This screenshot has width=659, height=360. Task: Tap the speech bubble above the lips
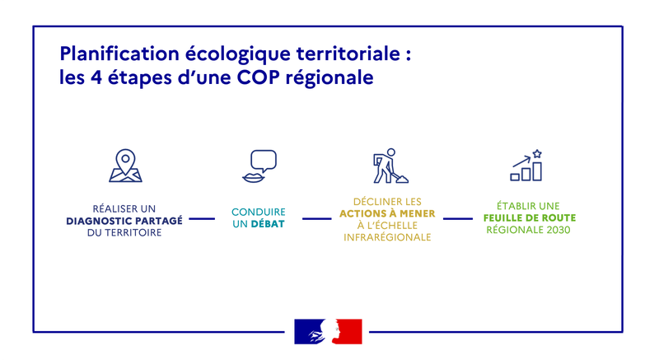pyautogui.click(x=264, y=161)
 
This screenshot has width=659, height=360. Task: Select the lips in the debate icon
pyautogui.click(x=253, y=178)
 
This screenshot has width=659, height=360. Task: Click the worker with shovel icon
pyautogui.click(x=390, y=166)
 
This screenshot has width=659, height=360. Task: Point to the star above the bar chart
pyautogui.click(x=537, y=154)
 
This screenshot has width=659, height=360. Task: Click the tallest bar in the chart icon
pyautogui.click(x=537, y=171)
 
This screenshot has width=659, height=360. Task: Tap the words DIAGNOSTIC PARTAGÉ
pyautogui.click(x=124, y=221)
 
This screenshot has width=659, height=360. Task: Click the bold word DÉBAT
pyautogui.click(x=268, y=224)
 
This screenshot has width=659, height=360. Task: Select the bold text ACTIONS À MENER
pyautogui.click(x=387, y=213)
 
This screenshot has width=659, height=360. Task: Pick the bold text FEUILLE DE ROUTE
pyautogui.click(x=530, y=217)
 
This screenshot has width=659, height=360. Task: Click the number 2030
pyautogui.click(x=559, y=230)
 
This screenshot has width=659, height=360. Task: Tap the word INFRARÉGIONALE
pyautogui.click(x=387, y=237)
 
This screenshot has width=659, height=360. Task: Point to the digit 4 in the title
pyautogui.click(x=96, y=77)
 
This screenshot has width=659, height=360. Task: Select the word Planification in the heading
pyautogui.click(x=119, y=54)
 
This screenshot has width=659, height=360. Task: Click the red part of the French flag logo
pyautogui.click(x=349, y=331)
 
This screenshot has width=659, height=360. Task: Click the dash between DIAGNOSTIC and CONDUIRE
pyautogui.click(x=202, y=218)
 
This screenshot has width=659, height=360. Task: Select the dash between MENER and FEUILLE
pyautogui.click(x=458, y=218)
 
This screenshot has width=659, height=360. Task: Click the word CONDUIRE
pyautogui.click(x=259, y=212)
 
